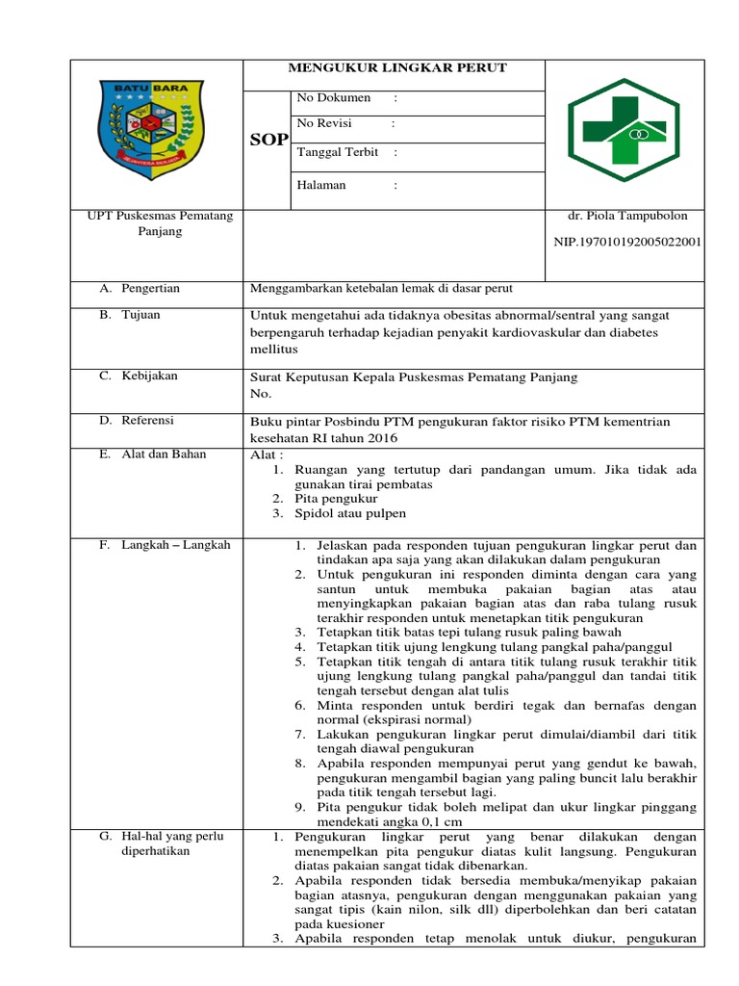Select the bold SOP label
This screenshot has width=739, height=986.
pos(268,140)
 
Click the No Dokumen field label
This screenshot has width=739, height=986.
pos(333,98)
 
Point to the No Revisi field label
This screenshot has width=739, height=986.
pos(324,123)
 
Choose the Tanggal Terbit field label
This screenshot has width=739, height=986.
pos(337,152)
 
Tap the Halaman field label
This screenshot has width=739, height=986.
pos(321,185)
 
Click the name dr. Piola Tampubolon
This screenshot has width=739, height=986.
pos(624,216)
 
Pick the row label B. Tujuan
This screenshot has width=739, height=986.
pos(130,315)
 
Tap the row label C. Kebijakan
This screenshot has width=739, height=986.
pos(139,376)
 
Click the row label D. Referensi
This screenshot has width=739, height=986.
pos(138,420)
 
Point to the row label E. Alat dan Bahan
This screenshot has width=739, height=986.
pos(152,454)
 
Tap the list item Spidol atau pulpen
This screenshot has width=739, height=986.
pos(351,513)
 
